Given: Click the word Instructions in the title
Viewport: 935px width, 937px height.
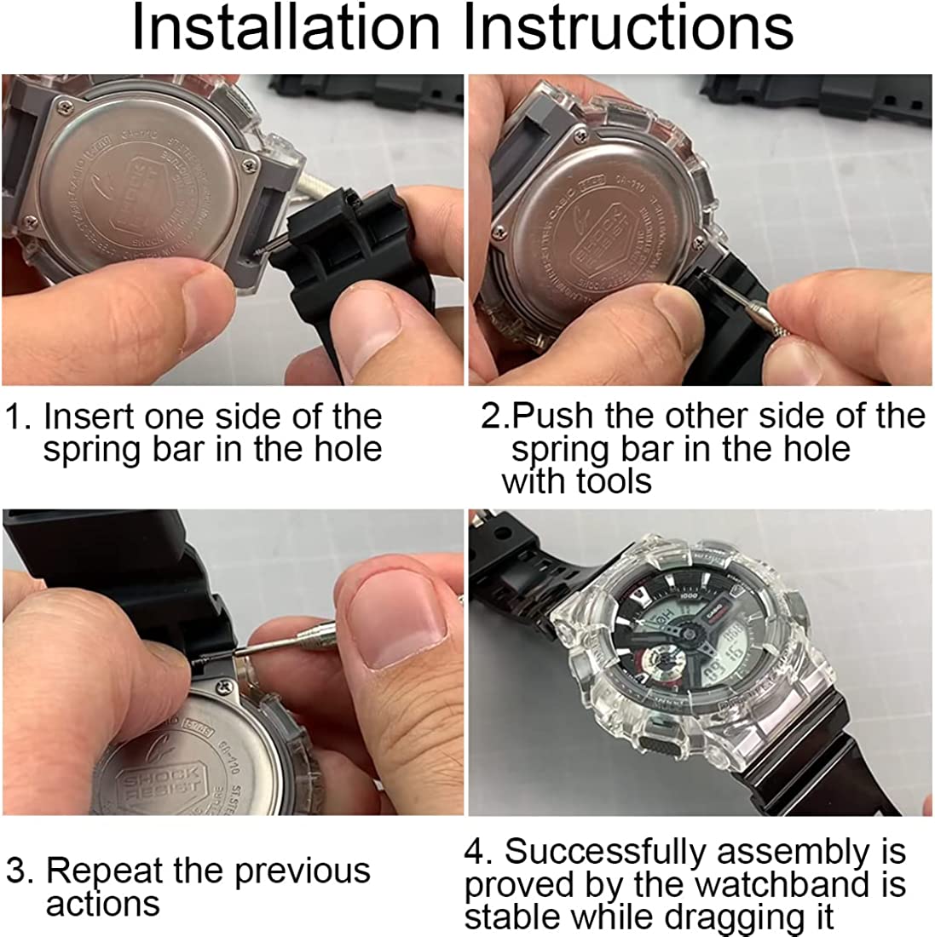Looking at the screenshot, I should (628, 29).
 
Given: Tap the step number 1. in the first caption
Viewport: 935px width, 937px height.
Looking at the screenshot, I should (19, 417).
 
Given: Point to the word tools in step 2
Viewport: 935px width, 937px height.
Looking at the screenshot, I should (613, 482).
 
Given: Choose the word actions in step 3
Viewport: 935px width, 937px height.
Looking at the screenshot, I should (103, 904).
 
